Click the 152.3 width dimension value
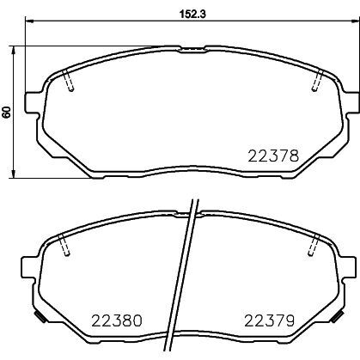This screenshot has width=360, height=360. click(192, 14)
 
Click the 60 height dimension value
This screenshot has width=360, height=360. click(7, 112)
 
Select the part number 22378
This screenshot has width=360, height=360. click(273, 156)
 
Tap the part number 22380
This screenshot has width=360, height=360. click(117, 320)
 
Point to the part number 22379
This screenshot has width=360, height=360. click(269, 320)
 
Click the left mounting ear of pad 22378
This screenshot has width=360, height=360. click(33, 103)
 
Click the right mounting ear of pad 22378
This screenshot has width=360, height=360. click(353, 103)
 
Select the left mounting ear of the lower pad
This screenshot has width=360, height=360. click(28, 267)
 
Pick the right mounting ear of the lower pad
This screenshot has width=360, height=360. click(349, 267)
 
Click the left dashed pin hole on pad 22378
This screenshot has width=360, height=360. click(68, 80)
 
